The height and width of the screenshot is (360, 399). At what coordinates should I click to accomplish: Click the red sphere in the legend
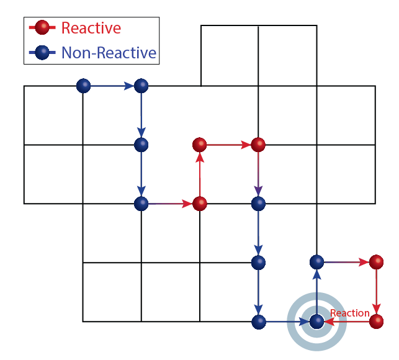pyautogui.click(x=42, y=28)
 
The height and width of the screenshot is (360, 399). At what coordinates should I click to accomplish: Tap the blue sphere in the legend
pyautogui.click(x=42, y=53)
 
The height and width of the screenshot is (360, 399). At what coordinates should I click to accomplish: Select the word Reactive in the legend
pyautogui.click(x=91, y=28)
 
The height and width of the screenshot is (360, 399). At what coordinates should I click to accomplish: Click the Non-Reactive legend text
pyautogui.click(x=109, y=53)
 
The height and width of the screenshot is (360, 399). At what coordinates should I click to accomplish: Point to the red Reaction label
pyautogui.click(x=349, y=313)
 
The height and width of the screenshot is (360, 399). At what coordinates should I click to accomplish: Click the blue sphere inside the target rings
pyautogui.click(x=316, y=322)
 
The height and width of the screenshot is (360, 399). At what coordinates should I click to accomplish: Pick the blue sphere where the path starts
pyautogui.click(x=83, y=86)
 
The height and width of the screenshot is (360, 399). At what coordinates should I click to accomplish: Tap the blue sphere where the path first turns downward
pyautogui.click(x=141, y=86)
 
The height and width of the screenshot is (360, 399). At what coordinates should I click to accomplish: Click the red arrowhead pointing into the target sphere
pyautogui.click(x=329, y=322)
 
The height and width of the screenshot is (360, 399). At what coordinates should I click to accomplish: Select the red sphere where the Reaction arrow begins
pyautogui.click(x=376, y=322)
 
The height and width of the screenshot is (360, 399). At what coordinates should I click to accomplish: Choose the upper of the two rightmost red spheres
pyautogui.click(x=376, y=262)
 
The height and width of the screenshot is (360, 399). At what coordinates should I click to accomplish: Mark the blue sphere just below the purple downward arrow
pyautogui.click(x=258, y=204)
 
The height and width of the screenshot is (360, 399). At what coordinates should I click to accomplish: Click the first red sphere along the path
pyautogui.click(x=199, y=204)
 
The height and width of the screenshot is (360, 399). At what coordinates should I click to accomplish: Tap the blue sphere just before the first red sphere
pyautogui.click(x=141, y=204)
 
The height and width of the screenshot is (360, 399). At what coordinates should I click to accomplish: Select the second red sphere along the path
pyautogui.click(x=199, y=145)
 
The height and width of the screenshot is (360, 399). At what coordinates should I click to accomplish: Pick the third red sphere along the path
pyautogui.click(x=258, y=145)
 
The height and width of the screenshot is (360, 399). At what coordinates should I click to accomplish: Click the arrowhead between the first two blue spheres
pyautogui.click(x=129, y=86)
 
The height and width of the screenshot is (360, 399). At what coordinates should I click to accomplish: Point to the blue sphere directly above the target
pyautogui.click(x=316, y=262)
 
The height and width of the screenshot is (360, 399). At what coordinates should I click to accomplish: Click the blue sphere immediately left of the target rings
pyautogui.click(x=258, y=322)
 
